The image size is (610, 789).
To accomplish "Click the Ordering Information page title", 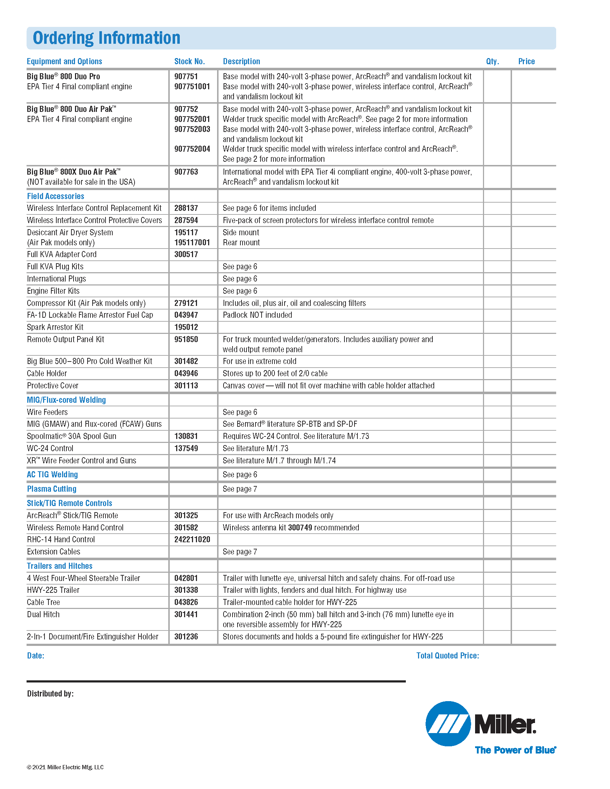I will pyautogui.click(x=106, y=38).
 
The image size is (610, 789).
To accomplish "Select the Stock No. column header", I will pyautogui.click(x=189, y=61).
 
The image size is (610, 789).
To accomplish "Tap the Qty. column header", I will pyautogui.click(x=492, y=61).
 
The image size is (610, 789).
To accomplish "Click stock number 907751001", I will pyautogui.click(x=192, y=87).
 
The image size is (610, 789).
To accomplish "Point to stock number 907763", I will pyautogui.click(x=186, y=172).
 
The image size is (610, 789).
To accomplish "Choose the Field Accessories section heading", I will pyautogui.click(x=55, y=196).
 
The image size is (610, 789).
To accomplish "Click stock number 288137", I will pyautogui.click(x=186, y=208).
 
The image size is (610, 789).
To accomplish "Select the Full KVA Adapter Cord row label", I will pyautogui.click(x=62, y=254).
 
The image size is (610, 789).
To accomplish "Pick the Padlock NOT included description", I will pyautogui.click(x=257, y=315).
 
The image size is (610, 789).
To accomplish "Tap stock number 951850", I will pyautogui.click(x=186, y=339).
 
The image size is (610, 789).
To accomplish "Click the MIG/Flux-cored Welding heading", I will pyautogui.click(x=66, y=400).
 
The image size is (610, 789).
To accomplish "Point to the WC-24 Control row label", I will pyautogui.click(x=50, y=448).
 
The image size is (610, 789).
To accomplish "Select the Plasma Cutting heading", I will pyautogui.click(x=52, y=489).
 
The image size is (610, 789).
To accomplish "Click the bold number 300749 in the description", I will pyautogui.click(x=300, y=528).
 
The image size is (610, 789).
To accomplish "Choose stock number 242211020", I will pyautogui.click(x=192, y=539).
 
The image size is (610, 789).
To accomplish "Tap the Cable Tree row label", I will pyautogui.click(x=43, y=602).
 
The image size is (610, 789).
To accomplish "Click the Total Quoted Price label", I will pyautogui.click(x=447, y=656).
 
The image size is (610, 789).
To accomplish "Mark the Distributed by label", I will pyautogui.click(x=50, y=694).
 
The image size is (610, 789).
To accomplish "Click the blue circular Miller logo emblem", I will pyautogui.click(x=448, y=724).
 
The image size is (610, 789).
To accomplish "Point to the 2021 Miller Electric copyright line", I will pyautogui.click(x=65, y=767).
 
